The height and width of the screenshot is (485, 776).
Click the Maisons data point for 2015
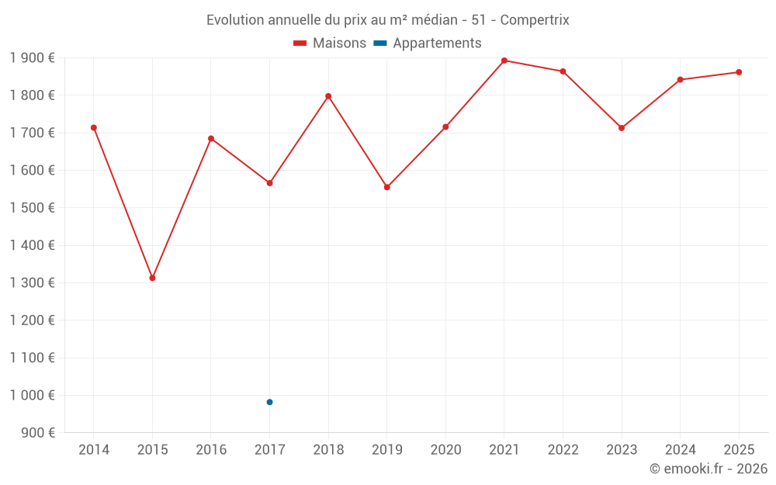152,278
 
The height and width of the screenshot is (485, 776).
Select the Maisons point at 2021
504,61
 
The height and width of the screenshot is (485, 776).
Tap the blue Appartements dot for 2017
269,402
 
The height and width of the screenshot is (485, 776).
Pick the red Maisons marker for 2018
328,96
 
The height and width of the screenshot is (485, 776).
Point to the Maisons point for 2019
387,187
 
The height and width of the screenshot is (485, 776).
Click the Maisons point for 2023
622,128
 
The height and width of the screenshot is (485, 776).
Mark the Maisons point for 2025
739,72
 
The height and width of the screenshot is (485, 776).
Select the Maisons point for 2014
94,127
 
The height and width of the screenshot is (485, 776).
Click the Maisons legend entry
330,43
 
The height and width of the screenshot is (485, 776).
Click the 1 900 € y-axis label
32,57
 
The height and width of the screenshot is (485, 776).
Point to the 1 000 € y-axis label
32,395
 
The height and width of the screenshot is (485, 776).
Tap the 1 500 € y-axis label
32,207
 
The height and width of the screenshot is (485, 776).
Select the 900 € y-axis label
37,432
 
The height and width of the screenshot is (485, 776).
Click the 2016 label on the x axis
211,450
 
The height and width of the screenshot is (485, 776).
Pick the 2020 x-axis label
445,450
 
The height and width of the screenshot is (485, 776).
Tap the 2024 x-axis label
680,450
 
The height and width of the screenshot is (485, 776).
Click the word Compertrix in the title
535,20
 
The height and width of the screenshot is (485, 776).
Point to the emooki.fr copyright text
708,469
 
